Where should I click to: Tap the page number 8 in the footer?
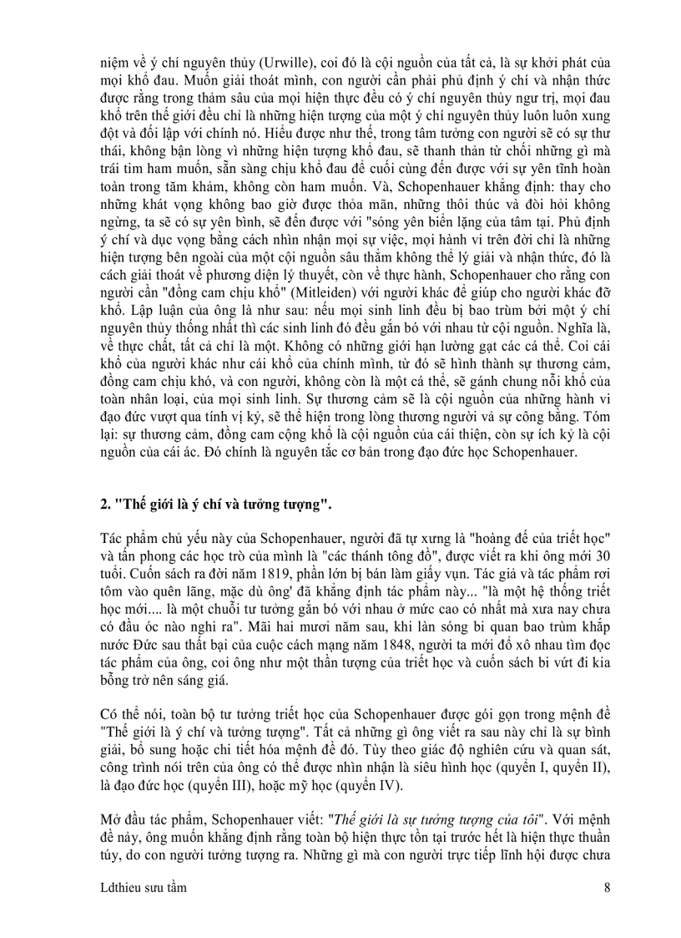coord(607,888)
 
